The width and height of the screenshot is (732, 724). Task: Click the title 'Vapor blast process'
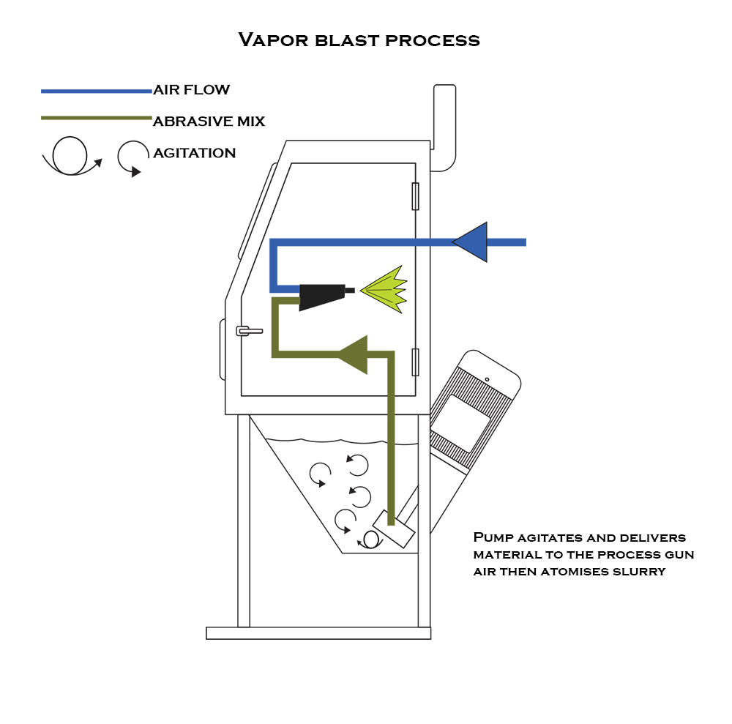(359, 40)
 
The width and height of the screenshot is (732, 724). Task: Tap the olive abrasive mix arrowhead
(354, 355)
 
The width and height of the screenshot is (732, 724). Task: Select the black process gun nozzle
(323, 295)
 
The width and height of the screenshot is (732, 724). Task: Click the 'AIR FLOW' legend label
(191, 90)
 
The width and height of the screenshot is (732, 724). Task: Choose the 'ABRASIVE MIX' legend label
(209, 122)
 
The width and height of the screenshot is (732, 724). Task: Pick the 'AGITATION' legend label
(194, 153)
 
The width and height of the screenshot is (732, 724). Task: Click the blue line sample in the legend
(96, 91)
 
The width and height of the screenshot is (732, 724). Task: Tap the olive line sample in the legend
(96, 117)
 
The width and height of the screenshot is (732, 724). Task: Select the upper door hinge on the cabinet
(415, 196)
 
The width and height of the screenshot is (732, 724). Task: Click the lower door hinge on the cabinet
(415, 362)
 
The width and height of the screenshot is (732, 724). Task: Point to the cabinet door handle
(249, 331)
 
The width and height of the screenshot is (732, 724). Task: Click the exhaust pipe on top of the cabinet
(444, 128)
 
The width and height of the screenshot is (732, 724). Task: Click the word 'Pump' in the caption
(490, 538)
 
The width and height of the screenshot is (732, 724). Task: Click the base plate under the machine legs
(318, 633)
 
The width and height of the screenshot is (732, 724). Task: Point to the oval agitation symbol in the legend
(70, 156)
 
